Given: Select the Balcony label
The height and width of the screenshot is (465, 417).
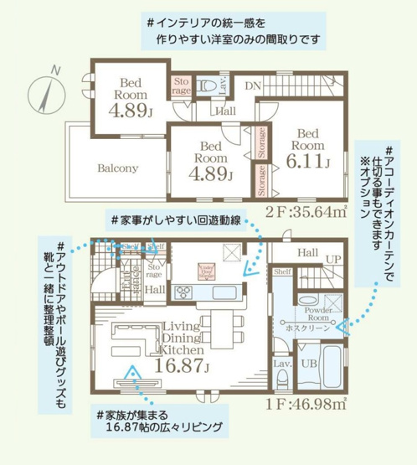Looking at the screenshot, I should pos(116,167).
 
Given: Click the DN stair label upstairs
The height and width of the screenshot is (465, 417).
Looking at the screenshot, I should pos(254,85).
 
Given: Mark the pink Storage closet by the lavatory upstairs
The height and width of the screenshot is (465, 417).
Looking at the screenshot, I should pos(183,85).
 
